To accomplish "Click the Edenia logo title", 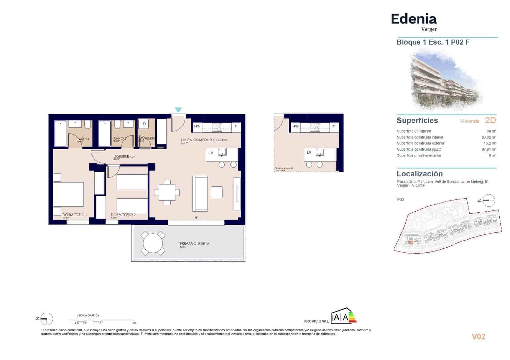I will pyautogui.click(x=414, y=19).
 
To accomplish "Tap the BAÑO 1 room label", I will pyautogui.click(x=83, y=139).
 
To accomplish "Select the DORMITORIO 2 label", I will pyautogui.click(x=123, y=215).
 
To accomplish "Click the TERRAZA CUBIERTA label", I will pyautogui.click(x=194, y=243).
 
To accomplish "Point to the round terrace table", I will pyautogui.click(x=153, y=243).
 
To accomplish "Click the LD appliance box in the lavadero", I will pyautogui.click(x=143, y=124).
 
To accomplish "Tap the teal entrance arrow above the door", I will pyautogui.click(x=178, y=110).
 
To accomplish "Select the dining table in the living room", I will pyautogui.click(x=167, y=192).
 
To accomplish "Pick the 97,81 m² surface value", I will pyautogui.click(x=489, y=149).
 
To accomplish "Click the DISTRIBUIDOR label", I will pyautogui.click(x=125, y=156).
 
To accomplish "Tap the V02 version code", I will pyautogui.click(x=478, y=337).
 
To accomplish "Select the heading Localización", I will pyautogui.click(x=419, y=174).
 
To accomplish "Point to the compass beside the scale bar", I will pyautogui.click(x=47, y=318).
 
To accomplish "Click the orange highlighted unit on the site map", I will pyautogui.click(x=411, y=243).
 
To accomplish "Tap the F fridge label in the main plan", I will pyautogui.click(x=236, y=126).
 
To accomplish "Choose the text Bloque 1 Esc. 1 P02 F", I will pyautogui.click(x=433, y=42).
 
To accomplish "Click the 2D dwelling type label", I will pyautogui.click(x=490, y=120).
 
